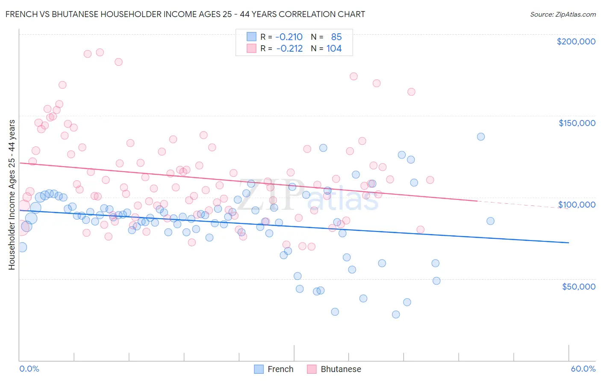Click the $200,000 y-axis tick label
(x=576, y=41)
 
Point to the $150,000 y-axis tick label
(x=577, y=123)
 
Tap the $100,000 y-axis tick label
(x=577, y=205)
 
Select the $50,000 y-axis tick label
(x=578, y=286)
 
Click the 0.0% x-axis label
(x=29, y=369)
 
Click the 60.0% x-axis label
(x=583, y=369)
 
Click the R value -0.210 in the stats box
(x=289, y=37)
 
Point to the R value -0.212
(x=289, y=49)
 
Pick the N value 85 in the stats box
(x=336, y=37)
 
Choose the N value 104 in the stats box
(x=334, y=49)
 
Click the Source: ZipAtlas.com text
(x=563, y=14)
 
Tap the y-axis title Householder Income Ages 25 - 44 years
(x=12, y=194)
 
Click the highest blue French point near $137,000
(x=481, y=137)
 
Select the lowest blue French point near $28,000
(x=396, y=314)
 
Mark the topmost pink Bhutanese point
(x=100, y=52)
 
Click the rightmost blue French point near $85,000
(x=490, y=221)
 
